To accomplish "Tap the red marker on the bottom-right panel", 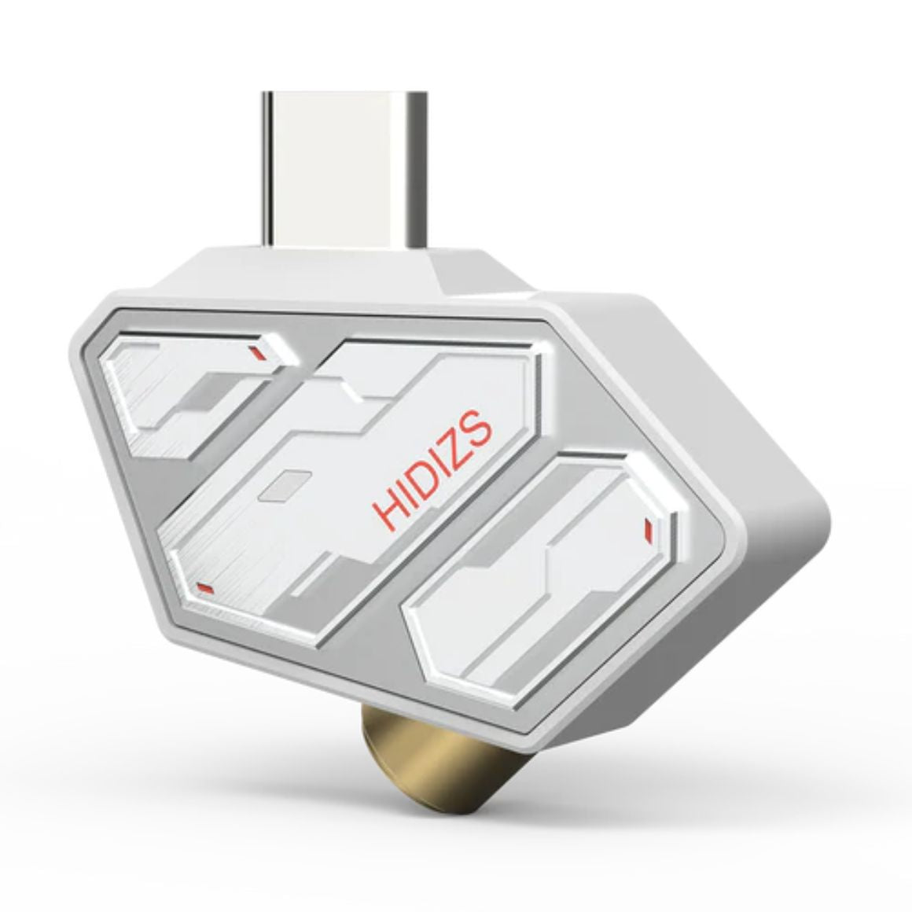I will click(x=647, y=528).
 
